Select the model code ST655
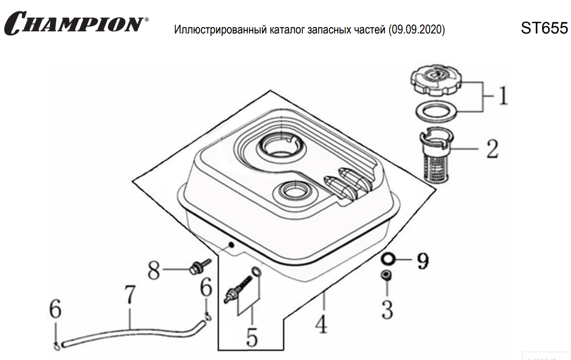[x=544, y=28]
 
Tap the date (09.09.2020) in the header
[x=417, y=30]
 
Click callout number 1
[x=503, y=96]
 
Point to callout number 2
[x=491, y=149]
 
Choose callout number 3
[x=387, y=309]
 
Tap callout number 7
[x=130, y=296]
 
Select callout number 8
[x=154, y=272]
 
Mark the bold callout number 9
[x=422, y=260]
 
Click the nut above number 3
[x=386, y=276]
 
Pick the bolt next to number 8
[x=199, y=266]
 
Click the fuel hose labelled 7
[x=130, y=333]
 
